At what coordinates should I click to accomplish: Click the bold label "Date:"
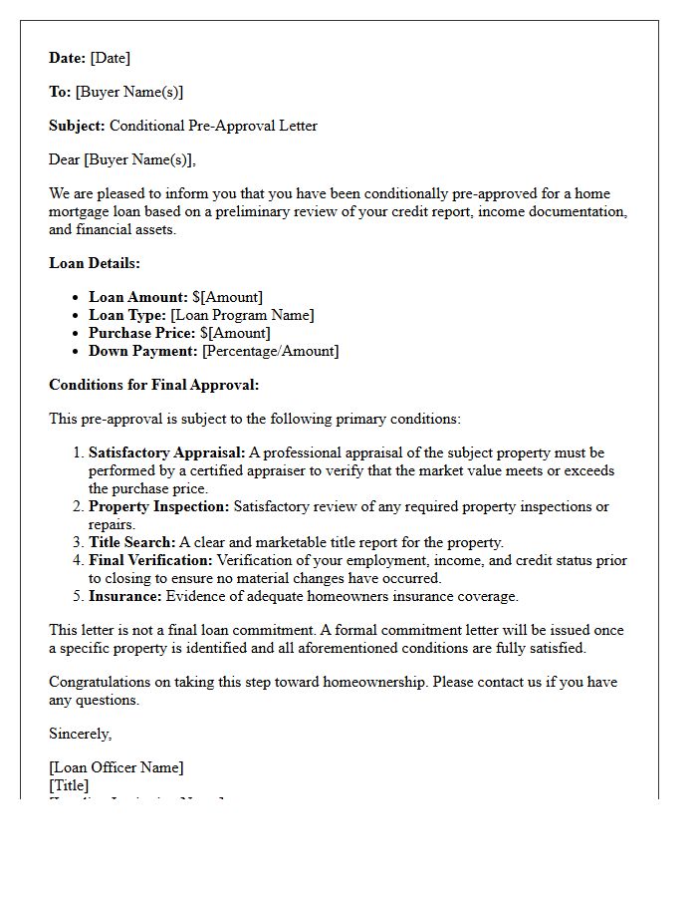pos(68,58)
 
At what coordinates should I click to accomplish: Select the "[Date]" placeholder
pos(111,58)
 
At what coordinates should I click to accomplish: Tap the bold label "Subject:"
pos(77,126)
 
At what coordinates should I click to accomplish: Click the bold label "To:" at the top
pos(60,92)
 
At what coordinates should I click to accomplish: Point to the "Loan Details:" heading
pos(95,263)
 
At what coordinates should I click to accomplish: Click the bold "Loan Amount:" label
pos(137,297)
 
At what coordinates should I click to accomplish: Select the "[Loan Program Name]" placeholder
pos(242,315)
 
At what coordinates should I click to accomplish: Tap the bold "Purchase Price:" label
pos(141,333)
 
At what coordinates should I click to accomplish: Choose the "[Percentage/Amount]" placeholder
pos(270,351)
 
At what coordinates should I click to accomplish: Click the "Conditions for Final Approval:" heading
pos(153,385)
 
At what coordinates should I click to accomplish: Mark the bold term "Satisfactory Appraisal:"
pos(166,452)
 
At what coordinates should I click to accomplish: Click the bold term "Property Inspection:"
pos(158,506)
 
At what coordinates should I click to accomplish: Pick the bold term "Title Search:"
pos(131,542)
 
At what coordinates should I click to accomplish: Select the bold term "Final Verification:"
pos(150,560)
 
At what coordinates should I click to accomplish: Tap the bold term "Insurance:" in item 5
pos(124,596)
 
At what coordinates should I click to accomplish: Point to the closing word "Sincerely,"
pos(81,734)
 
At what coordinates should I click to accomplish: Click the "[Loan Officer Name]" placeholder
pos(116,767)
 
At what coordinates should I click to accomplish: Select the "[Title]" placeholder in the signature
pos(69,785)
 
